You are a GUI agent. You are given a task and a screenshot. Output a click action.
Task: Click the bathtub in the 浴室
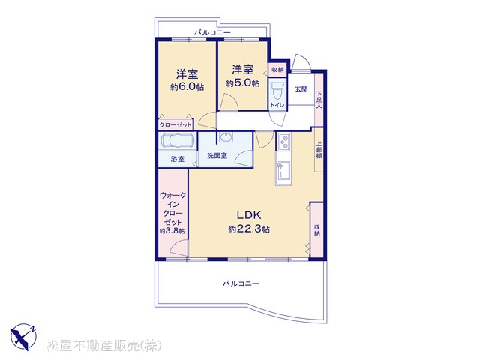(178, 141)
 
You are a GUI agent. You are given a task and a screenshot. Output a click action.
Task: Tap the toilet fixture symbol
(277, 91)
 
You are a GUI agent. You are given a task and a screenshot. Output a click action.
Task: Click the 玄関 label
(301, 89)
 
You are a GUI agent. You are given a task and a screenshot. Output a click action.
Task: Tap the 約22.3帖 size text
(249, 229)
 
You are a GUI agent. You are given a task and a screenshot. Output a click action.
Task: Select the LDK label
(249, 215)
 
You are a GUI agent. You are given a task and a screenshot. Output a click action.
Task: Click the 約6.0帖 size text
(187, 87)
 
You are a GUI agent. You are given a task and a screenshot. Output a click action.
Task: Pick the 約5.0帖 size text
(243, 83)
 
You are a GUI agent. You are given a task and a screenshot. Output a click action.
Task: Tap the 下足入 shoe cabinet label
(319, 100)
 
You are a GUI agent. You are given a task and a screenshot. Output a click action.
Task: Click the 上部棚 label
(319, 150)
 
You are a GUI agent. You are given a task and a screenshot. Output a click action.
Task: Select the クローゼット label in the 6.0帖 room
(175, 125)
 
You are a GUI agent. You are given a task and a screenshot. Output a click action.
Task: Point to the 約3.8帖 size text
(172, 231)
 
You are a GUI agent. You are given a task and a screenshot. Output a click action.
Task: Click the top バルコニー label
(212, 32)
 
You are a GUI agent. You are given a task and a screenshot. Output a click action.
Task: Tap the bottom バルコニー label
(241, 283)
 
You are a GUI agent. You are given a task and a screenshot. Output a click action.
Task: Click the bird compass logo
(23, 336)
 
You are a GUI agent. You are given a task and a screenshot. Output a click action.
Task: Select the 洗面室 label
(217, 155)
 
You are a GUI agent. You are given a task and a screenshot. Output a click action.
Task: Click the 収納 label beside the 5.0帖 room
(277, 70)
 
